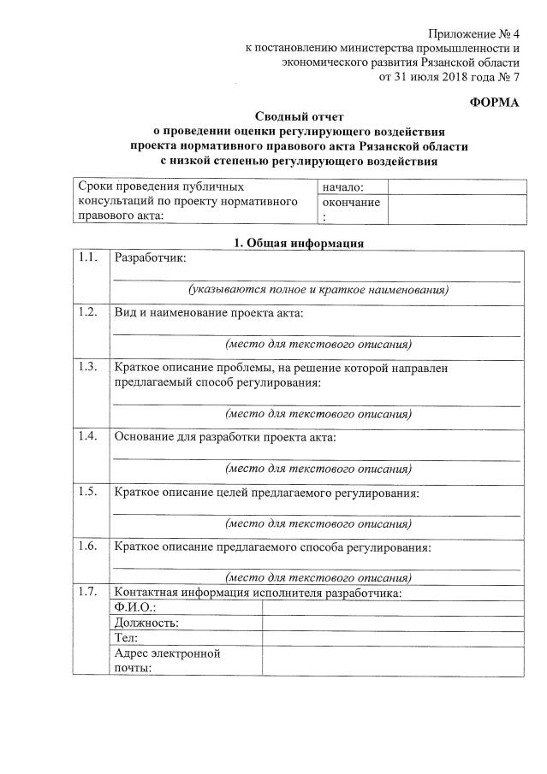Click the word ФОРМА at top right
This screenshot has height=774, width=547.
[x=495, y=103]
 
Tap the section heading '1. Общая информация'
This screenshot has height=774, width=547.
[x=299, y=243]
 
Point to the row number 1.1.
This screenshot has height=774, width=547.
[x=86, y=257]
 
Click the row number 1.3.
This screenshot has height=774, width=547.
[x=86, y=367]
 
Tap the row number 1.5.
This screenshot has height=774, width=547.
[x=86, y=492]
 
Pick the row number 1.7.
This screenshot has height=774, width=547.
[x=86, y=592]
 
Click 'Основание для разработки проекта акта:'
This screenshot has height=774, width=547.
[x=225, y=437]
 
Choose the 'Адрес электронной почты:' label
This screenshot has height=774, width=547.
[x=167, y=661]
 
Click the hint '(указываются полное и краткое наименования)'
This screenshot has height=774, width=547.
[x=318, y=290]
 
